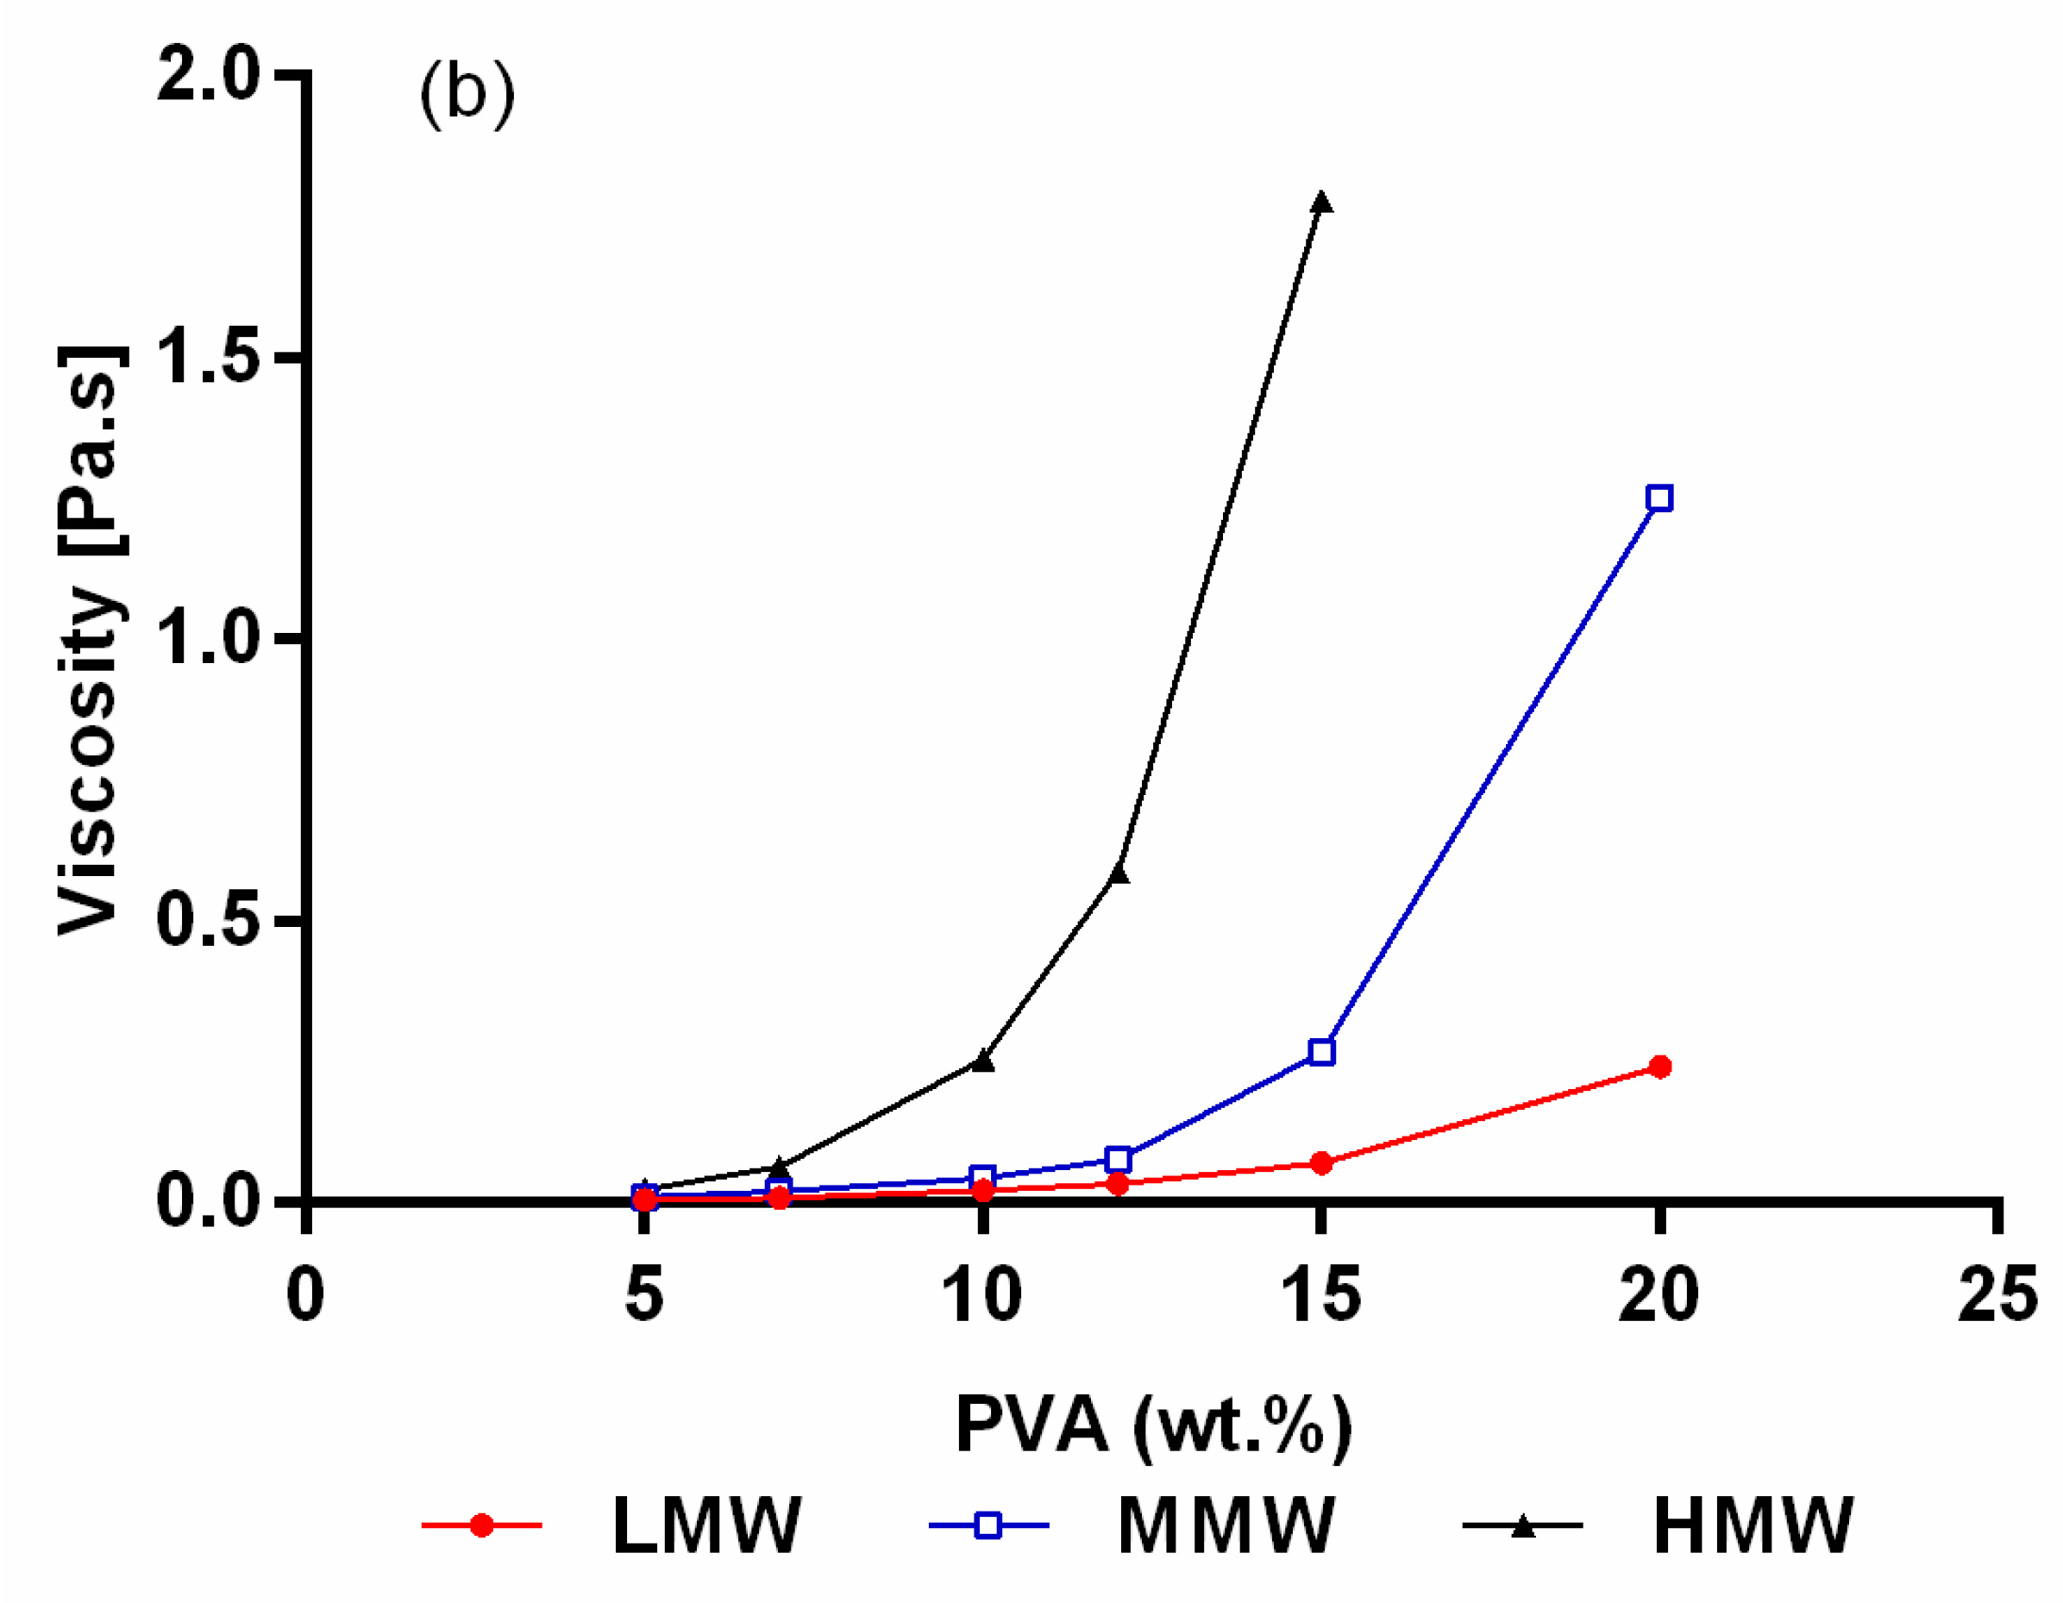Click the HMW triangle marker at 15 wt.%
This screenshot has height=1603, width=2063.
point(1321,202)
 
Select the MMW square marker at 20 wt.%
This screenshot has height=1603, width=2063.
point(1659,498)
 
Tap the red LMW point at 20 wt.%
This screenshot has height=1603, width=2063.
point(1659,1067)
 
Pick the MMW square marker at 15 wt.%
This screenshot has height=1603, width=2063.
point(1321,1051)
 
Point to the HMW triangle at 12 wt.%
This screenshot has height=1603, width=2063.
point(1119,874)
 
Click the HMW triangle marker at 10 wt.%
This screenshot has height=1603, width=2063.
point(983,1061)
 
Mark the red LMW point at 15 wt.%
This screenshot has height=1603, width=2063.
point(1321,1163)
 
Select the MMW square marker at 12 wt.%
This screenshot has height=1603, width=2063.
point(1119,1159)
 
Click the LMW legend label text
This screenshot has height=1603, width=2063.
point(706,1525)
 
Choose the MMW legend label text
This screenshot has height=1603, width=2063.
point(1226,1525)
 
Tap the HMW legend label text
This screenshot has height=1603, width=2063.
point(1753,1525)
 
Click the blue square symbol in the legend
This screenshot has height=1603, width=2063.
point(988,1525)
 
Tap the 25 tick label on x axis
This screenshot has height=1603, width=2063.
point(1996,1295)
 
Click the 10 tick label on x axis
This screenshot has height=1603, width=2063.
point(982,1295)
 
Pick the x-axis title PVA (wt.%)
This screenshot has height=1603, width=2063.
point(1153,1425)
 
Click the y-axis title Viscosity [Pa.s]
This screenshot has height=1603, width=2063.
point(90,641)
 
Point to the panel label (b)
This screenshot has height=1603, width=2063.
point(467,95)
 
